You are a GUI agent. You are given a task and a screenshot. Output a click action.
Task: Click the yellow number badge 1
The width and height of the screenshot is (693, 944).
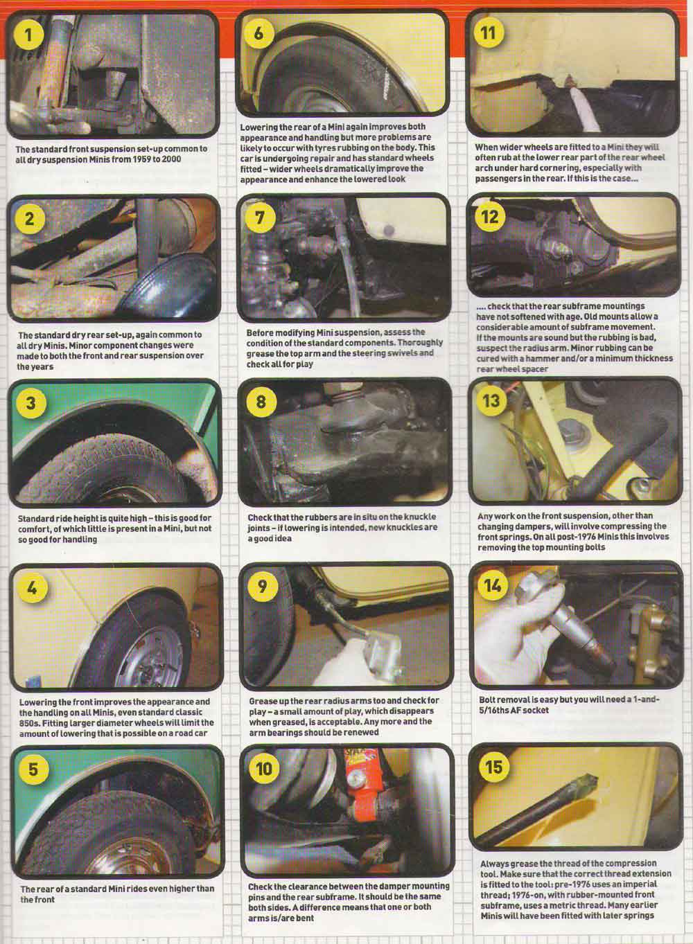tap(28, 34)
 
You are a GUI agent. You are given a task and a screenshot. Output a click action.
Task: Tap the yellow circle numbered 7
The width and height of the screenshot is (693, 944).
tap(259, 217)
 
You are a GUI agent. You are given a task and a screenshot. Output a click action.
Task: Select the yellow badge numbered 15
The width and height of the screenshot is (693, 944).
tap(494, 767)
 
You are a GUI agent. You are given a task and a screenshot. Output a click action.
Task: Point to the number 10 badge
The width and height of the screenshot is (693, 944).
tap(263, 768)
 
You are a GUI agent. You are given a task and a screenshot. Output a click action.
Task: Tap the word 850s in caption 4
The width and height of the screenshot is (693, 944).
tap(30, 723)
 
